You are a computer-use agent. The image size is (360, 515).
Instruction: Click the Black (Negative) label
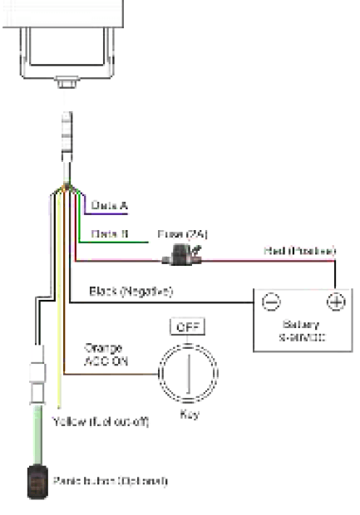131,292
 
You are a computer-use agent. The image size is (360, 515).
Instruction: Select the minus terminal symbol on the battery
270,302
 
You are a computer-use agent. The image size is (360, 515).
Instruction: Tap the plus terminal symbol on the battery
335,302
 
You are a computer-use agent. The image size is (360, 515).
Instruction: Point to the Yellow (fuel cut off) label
100,422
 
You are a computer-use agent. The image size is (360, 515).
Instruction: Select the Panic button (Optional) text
123,480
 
